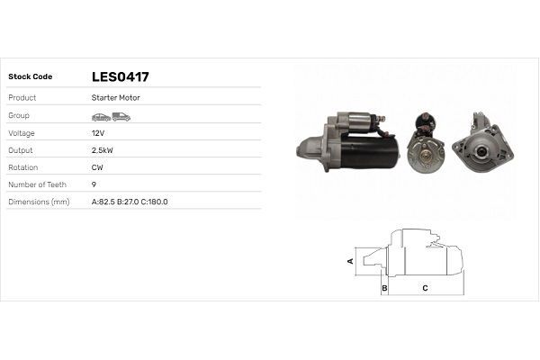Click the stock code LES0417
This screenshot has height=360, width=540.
[120, 76]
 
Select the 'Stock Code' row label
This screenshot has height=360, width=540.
[31, 76]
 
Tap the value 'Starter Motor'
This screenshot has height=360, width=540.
[115, 97]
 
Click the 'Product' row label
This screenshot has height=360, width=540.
[22, 97]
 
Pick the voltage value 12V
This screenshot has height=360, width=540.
[98, 132]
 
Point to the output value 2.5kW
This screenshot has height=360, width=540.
[103, 149]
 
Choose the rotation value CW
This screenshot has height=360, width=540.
[97, 167]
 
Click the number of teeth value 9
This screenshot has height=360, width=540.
[94, 184]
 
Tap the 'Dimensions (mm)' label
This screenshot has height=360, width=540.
[39, 202]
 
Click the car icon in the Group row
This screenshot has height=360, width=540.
[100, 116]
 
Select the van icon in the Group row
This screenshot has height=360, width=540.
[121, 116]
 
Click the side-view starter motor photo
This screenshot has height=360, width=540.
[348, 145]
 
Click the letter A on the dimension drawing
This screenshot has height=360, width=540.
[351, 260]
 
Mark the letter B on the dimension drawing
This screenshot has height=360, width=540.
[384, 288]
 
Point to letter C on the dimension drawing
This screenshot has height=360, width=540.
[425, 288]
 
